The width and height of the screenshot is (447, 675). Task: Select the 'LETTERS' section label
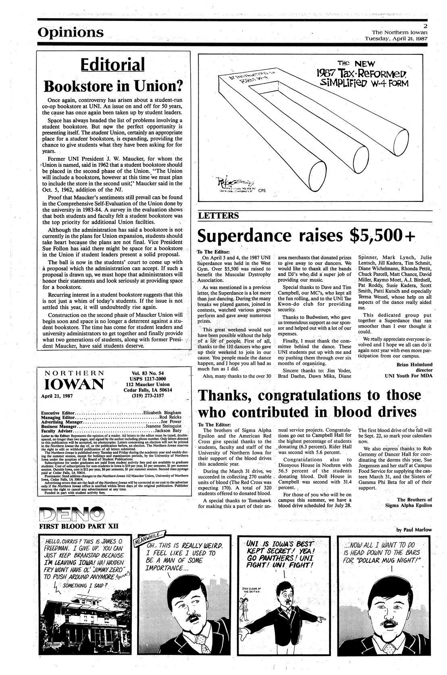218,216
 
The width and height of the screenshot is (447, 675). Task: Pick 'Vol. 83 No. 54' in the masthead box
150,373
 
